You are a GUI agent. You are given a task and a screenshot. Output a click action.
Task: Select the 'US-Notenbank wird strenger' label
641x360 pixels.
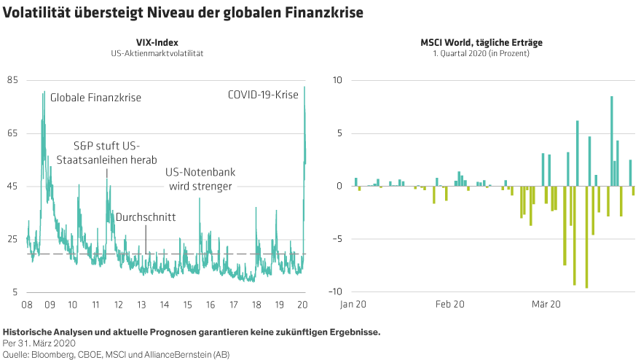[200, 180]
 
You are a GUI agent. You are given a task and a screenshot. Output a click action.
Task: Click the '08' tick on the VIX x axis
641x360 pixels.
[27, 304]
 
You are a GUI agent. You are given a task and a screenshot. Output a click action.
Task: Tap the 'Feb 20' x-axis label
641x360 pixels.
[450, 304]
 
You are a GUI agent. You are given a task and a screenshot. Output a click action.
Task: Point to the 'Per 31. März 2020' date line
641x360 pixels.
[39, 343]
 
